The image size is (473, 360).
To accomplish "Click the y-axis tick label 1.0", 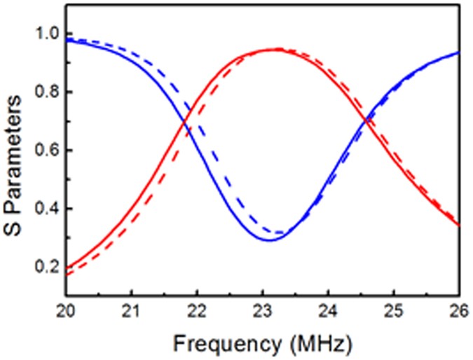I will click(46, 34).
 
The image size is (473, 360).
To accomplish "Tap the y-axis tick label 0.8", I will click(46, 92).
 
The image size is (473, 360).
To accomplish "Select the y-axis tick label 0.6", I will click(46, 151).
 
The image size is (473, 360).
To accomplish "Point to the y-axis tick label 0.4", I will click(46, 209).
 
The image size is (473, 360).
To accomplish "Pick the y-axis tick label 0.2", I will click(46, 267).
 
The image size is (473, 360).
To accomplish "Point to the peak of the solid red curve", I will click(269, 50).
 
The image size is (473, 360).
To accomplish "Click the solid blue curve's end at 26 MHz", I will click(458, 53).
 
